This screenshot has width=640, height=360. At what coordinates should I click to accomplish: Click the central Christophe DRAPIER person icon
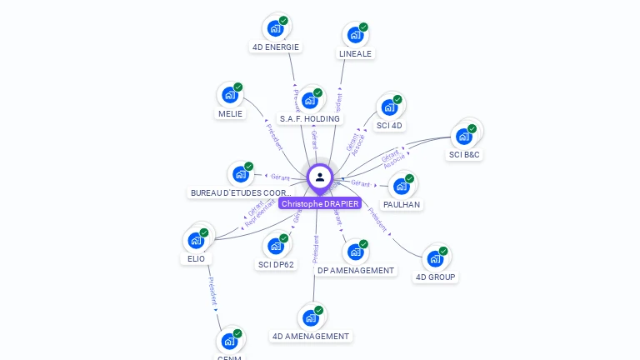[x=320, y=177]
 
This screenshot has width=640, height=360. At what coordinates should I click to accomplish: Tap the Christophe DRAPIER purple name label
[x=320, y=203]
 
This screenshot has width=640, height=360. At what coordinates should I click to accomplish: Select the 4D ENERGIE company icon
[x=275, y=28]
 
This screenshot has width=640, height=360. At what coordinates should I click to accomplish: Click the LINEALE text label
[x=356, y=53]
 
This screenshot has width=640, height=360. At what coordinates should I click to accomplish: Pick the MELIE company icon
[x=229, y=96]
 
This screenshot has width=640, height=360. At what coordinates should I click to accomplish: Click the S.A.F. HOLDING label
[x=310, y=118]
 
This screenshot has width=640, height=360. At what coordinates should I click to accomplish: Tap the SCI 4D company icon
[x=389, y=107]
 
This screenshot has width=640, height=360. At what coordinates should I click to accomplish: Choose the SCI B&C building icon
[x=463, y=137]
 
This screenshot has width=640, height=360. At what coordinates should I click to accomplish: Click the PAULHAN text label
[x=402, y=204]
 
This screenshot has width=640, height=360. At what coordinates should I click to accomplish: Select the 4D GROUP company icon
[x=435, y=259]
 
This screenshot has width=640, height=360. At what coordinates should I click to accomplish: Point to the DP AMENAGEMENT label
[x=356, y=270]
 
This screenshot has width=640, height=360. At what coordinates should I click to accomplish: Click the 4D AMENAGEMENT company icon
[x=311, y=317]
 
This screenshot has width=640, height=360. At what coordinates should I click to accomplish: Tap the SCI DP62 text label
[x=276, y=264]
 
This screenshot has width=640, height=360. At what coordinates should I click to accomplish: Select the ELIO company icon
[x=197, y=241]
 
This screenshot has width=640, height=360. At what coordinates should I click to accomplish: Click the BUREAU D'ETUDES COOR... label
[x=241, y=192]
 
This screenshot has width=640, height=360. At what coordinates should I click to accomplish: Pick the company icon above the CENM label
[x=229, y=341]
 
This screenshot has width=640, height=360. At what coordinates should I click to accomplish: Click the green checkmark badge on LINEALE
[x=363, y=27]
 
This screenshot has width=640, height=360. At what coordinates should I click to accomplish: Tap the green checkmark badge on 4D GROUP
[x=443, y=251]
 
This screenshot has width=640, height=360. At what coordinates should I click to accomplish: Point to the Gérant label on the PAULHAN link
[x=360, y=182]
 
